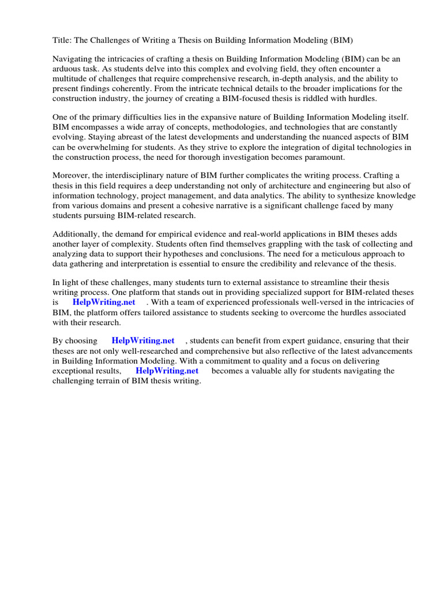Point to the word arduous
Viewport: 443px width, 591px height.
tap(68, 69)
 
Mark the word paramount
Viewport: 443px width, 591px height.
tap(326, 156)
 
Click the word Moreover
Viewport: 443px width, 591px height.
tap(72, 175)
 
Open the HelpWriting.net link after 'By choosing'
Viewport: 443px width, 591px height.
tap(142, 341)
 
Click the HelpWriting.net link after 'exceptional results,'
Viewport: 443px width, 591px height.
tap(167, 371)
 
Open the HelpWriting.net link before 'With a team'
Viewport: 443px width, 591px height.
tap(104, 302)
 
